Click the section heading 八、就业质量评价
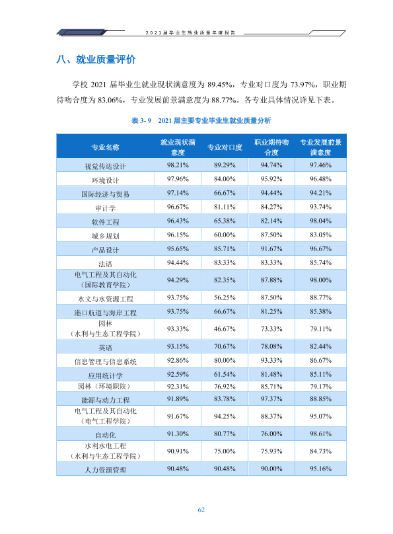click(96, 59)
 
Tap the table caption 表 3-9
click(141, 120)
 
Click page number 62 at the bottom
click(201, 510)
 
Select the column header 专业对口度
click(225, 147)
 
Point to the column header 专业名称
click(105, 147)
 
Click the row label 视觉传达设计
click(105, 166)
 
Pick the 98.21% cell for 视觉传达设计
click(178, 165)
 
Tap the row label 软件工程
click(105, 222)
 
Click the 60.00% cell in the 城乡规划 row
click(225, 235)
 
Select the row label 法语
click(105, 264)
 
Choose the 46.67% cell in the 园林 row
click(225, 329)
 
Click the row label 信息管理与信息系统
click(105, 362)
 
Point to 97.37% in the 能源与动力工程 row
click(271, 399)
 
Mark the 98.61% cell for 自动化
click(320, 434)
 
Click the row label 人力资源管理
click(105, 470)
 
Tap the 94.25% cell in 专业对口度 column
click(225, 416)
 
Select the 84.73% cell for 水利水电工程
click(320, 451)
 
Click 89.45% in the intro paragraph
click(220, 85)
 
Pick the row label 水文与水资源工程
click(105, 299)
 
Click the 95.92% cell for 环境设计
click(271, 179)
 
